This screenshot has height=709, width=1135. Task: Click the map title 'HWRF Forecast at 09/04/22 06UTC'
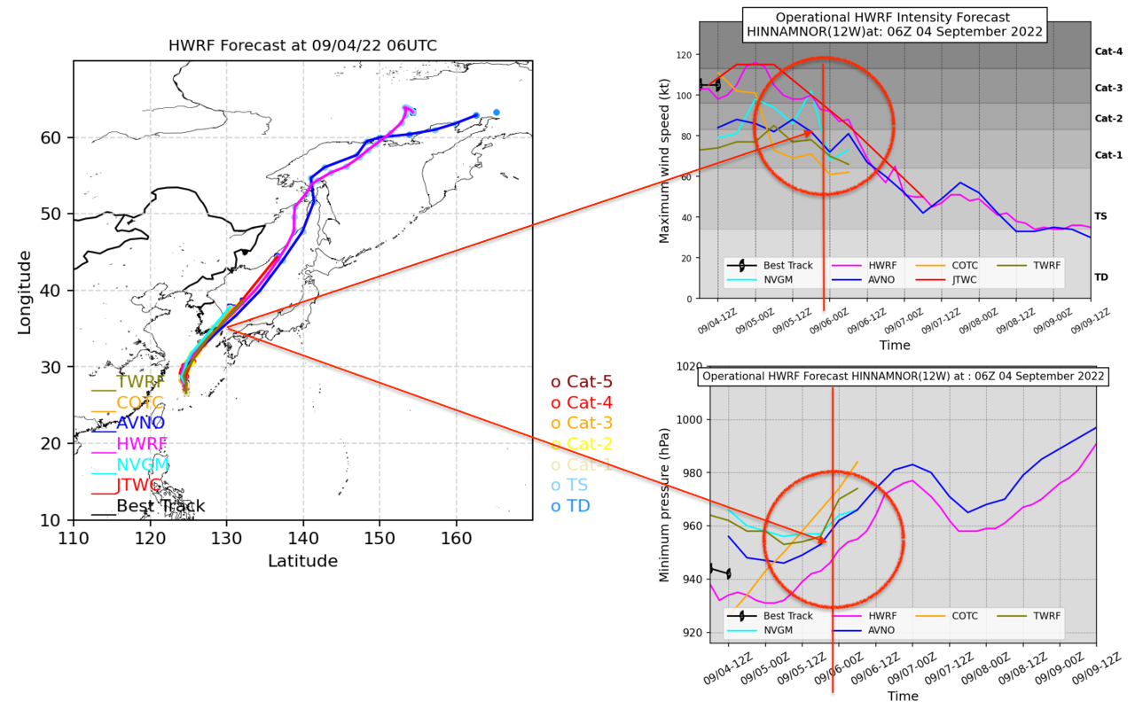coord(302,46)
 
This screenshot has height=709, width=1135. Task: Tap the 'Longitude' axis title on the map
coord(24,292)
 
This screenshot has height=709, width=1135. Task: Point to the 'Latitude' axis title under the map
coord(302,561)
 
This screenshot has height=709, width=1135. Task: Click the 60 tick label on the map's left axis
coord(52,138)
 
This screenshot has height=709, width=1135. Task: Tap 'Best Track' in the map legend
coord(160,506)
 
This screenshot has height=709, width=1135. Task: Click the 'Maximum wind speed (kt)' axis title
coord(664,160)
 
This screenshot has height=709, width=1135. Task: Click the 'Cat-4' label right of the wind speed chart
coord(1108,51)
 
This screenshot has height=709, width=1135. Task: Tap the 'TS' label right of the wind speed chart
coord(1100,216)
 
